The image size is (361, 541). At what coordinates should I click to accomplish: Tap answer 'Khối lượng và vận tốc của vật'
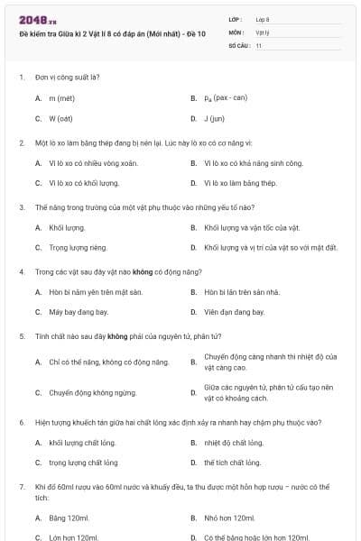[x=252, y=227]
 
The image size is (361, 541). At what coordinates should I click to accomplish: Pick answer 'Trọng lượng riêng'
[x=78, y=247]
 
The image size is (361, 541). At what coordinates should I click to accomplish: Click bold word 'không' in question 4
[x=140, y=271]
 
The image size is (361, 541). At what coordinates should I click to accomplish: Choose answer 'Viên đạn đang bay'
[x=235, y=312]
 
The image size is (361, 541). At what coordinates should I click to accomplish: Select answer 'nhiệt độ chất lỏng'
[x=234, y=443]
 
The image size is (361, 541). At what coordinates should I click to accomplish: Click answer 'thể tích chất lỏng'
[x=233, y=463]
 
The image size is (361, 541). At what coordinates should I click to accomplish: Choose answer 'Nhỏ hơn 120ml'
[x=231, y=518]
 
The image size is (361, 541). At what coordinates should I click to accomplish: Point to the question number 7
[x=21, y=487]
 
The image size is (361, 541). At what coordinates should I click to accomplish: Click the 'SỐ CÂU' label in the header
[x=238, y=44]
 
